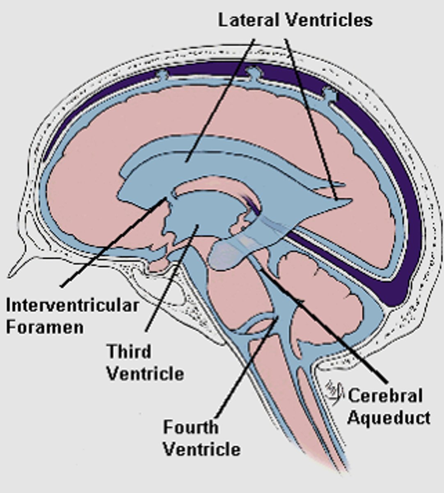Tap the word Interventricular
pyautogui.click(x=72, y=306)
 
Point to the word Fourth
pyautogui.click(x=190, y=427)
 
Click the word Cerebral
pyautogui.click(x=385, y=396)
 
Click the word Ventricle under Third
pyautogui.click(x=145, y=374)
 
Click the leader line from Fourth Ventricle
pyautogui.click(x=246, y=370)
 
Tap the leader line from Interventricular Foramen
pyautogui.click(x=111, y=242)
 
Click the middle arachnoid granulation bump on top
pyautogui.click(x=254, y=73)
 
